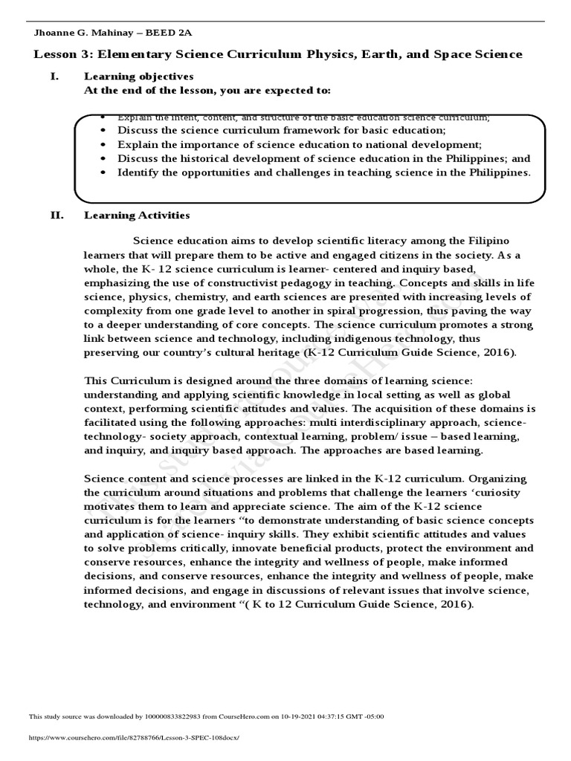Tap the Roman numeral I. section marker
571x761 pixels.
[54, 76]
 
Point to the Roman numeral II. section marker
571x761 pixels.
[57, 216]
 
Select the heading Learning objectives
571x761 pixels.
[138, 76]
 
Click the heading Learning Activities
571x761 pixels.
[137, 216]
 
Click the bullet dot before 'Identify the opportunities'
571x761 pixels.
[103, 172]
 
